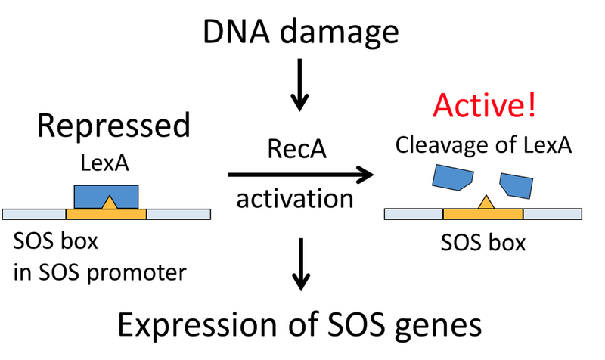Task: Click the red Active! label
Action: click(x=483, y=106)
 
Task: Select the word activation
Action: click(x=301, y=200)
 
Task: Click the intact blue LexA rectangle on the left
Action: click(x=106, y=195)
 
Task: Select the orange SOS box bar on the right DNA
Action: click(x=483, y=214)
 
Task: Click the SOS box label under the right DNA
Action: click(x=482, y=244)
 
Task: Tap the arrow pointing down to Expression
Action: click(x=301, y=265)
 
